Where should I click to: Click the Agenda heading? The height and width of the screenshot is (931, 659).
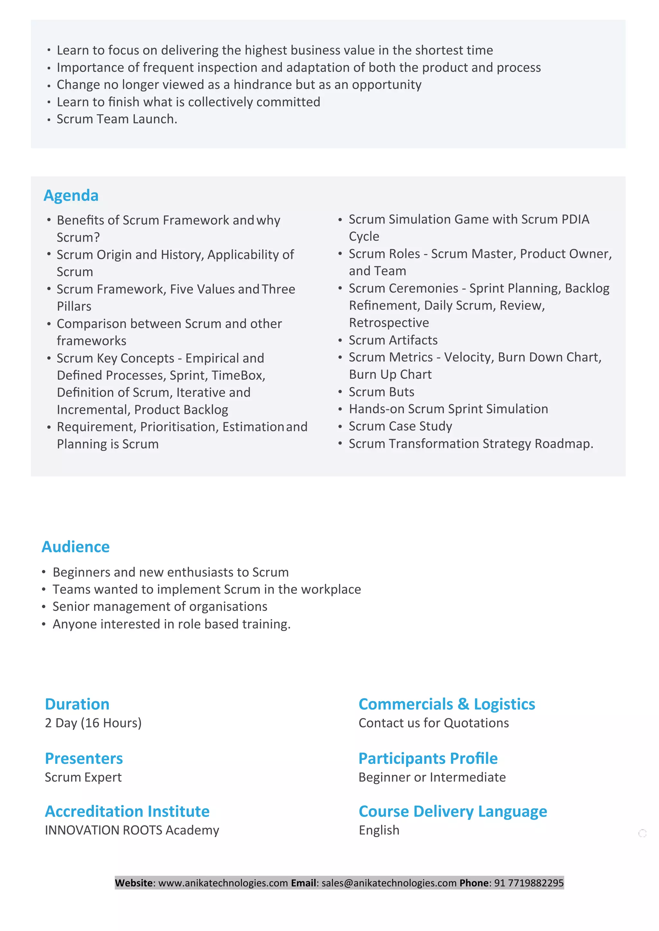pyautogui.click(x=71, y=195)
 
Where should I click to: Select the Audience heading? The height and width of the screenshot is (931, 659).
pyautogui.click(x=76, y=547)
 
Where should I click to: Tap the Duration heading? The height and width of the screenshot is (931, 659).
pyautogui.click(x=77, y=704)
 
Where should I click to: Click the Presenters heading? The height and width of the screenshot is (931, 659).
pyautogui.click(x=84, y=758)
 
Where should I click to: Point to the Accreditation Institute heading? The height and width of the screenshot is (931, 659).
pyautogui.click(x=127, y=811)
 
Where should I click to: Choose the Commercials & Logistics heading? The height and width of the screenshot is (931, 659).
pyautogui.click(x=447, y=704)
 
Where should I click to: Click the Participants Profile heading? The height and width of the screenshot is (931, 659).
pyautogui.click(x=428, y=758)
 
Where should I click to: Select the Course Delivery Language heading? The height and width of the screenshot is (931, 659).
pyautogui.click(x=453, y=811)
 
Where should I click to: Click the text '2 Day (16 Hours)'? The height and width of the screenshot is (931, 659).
pyautogui.click(x=93, y=723)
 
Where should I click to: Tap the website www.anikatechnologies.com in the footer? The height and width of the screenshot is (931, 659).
pyautogui.click(x=223, y=883)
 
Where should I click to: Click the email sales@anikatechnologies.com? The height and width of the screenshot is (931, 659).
pyautogui.click(x=389, y=883)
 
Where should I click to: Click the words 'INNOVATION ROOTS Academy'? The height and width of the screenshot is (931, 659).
pyautogui.click(x=132, y=830)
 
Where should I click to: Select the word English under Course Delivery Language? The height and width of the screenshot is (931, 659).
pyautogui.click(x=379, y=830)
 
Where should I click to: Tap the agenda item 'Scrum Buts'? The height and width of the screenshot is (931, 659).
pyautogui.click(x=381, y=392)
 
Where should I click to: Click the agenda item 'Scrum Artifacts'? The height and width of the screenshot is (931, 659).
pyautogui.click(x=393, y=340)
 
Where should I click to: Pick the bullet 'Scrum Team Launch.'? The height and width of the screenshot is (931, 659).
pyautogui.click(x=117, y=119)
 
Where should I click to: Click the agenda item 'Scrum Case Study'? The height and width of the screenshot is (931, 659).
pyautogui.click(x=401, y=426)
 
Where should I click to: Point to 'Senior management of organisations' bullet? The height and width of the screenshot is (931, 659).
pyautogui.click(x=160, y=607)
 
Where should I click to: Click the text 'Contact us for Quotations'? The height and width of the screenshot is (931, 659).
pyautogui.click(x=434, y=723)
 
